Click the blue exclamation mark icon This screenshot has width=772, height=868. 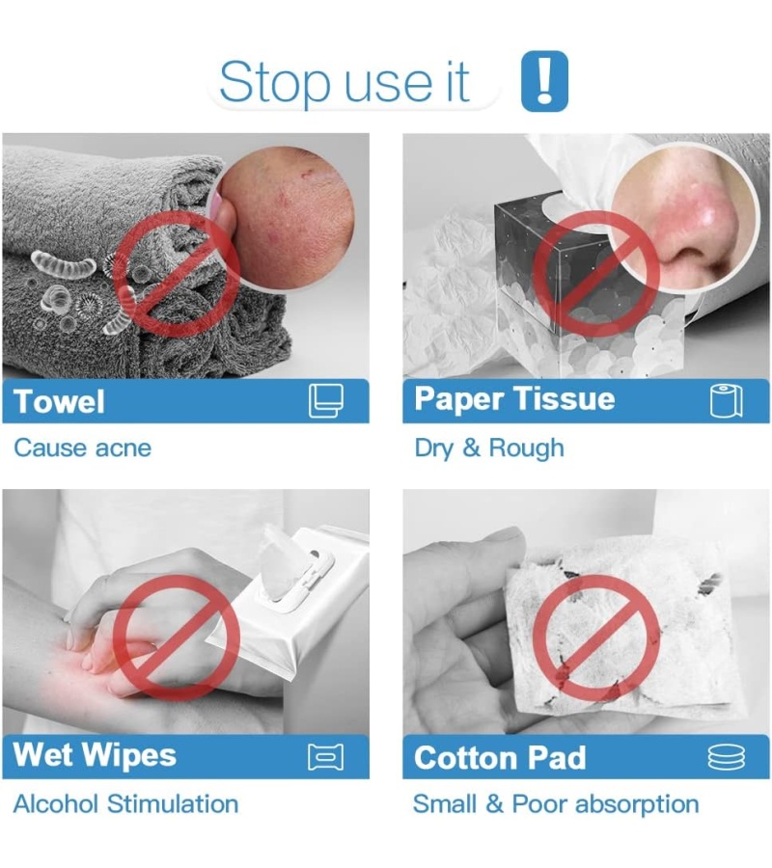coord(545,81)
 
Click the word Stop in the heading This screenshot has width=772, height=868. coord(276,83)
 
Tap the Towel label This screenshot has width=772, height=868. coord(59,401)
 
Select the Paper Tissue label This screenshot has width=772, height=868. coord(514,399)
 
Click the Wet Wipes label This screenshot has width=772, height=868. coord(95,755)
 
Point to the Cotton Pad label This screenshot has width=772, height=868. coord(500,758)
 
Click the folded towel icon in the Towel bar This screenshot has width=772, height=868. coord(325,400)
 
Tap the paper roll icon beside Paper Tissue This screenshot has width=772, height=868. coord(726,400)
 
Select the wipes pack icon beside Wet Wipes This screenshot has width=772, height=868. coord(325,757)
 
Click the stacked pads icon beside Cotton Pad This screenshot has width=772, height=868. coord(726,757)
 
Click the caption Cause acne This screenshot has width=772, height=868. coord(83,448)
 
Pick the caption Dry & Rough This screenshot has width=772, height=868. coord(489,448)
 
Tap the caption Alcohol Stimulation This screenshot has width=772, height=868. coord(125,804)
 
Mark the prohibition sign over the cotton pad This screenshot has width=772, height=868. coord(596,637)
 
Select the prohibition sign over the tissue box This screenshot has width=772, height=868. coord(596,274)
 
